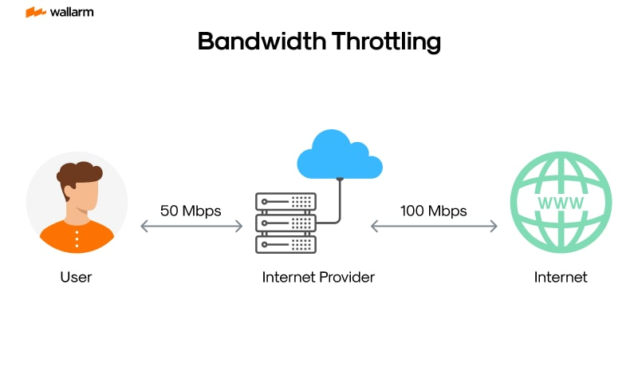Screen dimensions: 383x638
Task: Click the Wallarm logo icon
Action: (x=35, y=12)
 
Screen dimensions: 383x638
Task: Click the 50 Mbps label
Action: (x=191, y=211)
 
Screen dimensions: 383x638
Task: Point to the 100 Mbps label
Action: (x=433, y=211)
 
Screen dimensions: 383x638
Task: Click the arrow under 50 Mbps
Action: (x=191, y=227)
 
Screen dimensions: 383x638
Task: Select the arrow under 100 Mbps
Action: (x=434, y=227)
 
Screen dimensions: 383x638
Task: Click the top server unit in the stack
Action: (x=286, y=200)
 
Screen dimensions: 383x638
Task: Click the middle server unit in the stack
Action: (x=286, y=222)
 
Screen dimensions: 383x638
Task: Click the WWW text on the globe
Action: (x=561, y=203)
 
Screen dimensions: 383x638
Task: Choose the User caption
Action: (x=77, y=278)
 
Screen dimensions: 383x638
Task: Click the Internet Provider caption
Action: (x=318, y=278)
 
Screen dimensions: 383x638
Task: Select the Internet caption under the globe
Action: (x=561, y=278)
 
